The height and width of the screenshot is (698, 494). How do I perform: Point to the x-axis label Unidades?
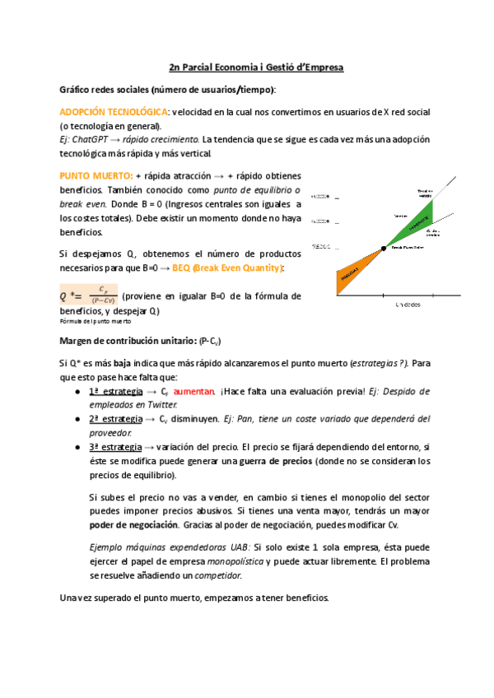click(408, 305)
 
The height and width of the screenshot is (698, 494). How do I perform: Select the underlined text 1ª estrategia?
click(115, 391)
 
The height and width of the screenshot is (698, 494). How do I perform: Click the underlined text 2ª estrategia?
click(115, 419)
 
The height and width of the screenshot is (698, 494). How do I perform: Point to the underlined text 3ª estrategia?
click(115, 447)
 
